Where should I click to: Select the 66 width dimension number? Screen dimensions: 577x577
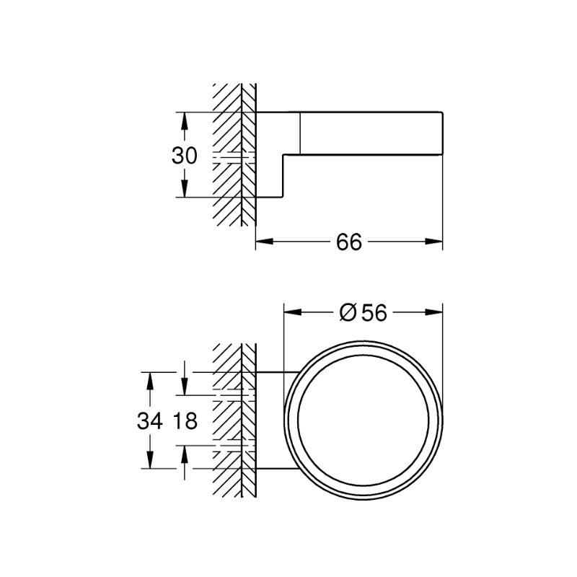click(x=348, y=242)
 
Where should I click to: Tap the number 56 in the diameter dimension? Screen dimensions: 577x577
click(x=374, y=312)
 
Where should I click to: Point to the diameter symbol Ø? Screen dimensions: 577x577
click(x=348, y=312)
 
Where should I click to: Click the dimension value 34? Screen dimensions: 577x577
click(x=149, y=421)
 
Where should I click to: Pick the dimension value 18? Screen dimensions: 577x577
click(x=185, y=421)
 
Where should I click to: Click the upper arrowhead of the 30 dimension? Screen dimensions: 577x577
click(x=185, y=118)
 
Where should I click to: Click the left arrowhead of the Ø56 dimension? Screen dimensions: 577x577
click(x=291, y=312)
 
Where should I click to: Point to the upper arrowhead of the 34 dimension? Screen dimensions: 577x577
click(x=149, y=379)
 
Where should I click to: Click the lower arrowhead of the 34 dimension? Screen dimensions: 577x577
click(x=149, y=462)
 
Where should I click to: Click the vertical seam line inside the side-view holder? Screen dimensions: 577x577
click(x=299, y=133)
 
